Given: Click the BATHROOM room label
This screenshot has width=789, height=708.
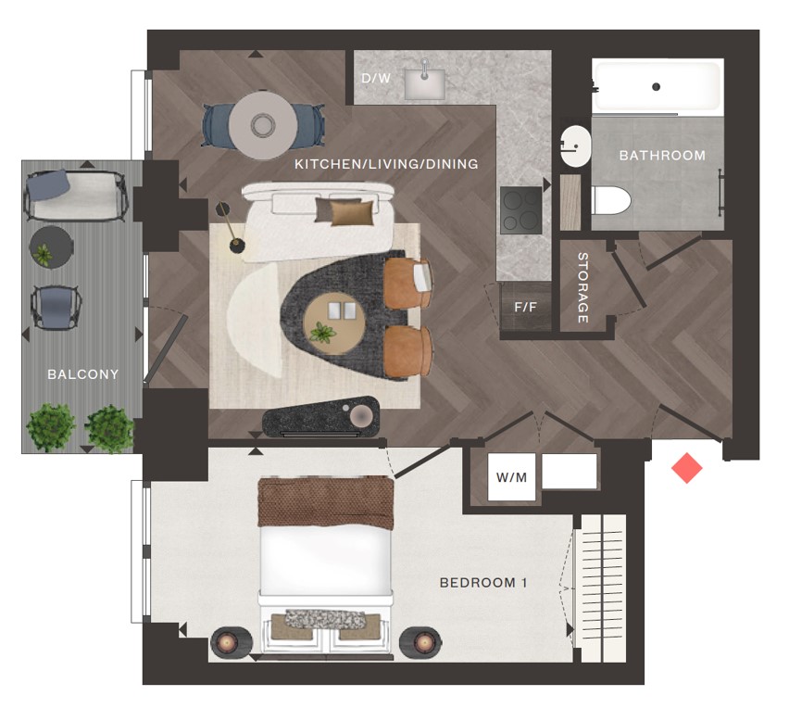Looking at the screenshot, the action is [662, 156].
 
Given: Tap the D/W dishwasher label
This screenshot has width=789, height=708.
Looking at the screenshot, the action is [376, 78].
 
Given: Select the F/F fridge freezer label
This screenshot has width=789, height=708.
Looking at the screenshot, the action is [525, 307].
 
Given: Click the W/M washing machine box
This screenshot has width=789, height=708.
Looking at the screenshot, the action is [512, 477].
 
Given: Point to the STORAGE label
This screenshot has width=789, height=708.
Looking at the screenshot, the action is [582, 287].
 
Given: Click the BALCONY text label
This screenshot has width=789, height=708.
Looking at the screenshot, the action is [83, 374].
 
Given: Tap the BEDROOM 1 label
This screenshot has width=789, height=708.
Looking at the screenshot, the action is [483, 583].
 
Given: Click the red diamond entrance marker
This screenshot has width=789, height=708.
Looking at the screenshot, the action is [687, 468].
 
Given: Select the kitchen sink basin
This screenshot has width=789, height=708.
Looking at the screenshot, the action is [425, 83].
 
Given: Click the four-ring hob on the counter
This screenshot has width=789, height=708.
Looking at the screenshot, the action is [521, 210].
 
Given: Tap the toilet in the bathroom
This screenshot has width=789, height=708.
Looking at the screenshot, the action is [610, 200].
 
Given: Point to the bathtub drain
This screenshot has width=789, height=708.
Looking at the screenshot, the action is [656, 86].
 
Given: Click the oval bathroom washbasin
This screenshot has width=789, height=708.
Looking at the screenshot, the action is [576, 146].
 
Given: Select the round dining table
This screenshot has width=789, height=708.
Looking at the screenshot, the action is [263, 124].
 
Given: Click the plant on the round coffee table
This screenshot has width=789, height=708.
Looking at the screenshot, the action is [322, 334].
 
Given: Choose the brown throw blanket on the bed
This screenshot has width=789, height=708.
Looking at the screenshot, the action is [326, 502].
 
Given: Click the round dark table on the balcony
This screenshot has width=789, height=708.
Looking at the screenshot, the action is [51, 247].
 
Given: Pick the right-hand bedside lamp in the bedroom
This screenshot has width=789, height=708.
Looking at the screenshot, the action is [421, 642].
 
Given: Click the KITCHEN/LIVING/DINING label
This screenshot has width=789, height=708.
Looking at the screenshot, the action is [386, 164].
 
